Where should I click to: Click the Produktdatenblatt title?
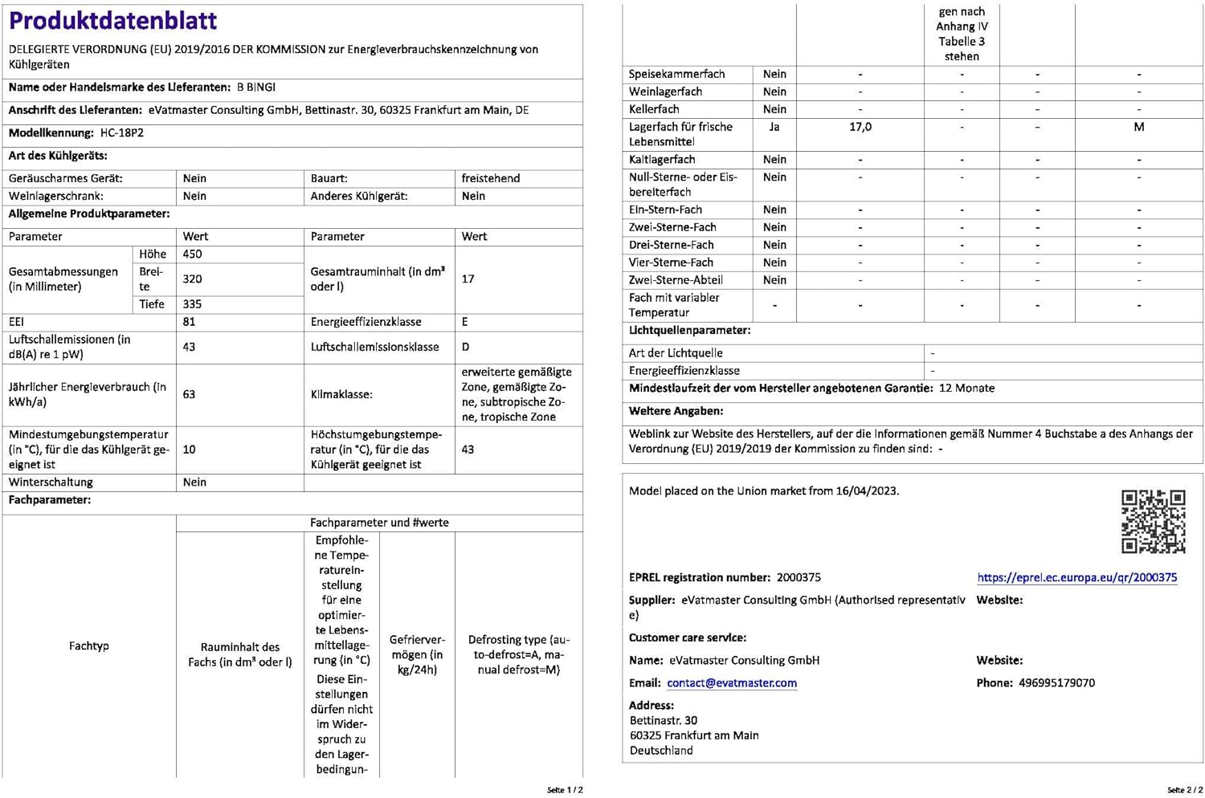[x=112, y=21]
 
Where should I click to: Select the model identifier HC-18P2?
[x=122, y=133]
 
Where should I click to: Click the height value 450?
[x=193, y=254]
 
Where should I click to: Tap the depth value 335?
[x=193, y=304]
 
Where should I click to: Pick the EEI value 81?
[x=190, y=322]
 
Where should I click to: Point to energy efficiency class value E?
[x=465, y=322]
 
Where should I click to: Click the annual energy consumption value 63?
[x=190, y=394]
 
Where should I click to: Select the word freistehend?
[x=490, y=178]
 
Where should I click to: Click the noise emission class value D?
[x=466, y=347]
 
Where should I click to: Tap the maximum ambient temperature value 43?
[x=468, y=450]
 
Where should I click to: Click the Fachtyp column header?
[x=88, y=646]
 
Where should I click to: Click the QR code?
[x=1153, y=521]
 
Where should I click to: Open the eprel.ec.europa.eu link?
[x=1076, y=577]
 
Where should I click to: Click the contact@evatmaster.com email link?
[x=732, y=683]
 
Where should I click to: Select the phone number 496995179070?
[x=1056, y=683]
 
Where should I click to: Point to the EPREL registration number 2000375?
[x=799, y=577]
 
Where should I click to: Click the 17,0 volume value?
[x=860, y=127]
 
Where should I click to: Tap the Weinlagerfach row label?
[x=665, y=92]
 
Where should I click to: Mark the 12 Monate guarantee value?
[x=966, y=389]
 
